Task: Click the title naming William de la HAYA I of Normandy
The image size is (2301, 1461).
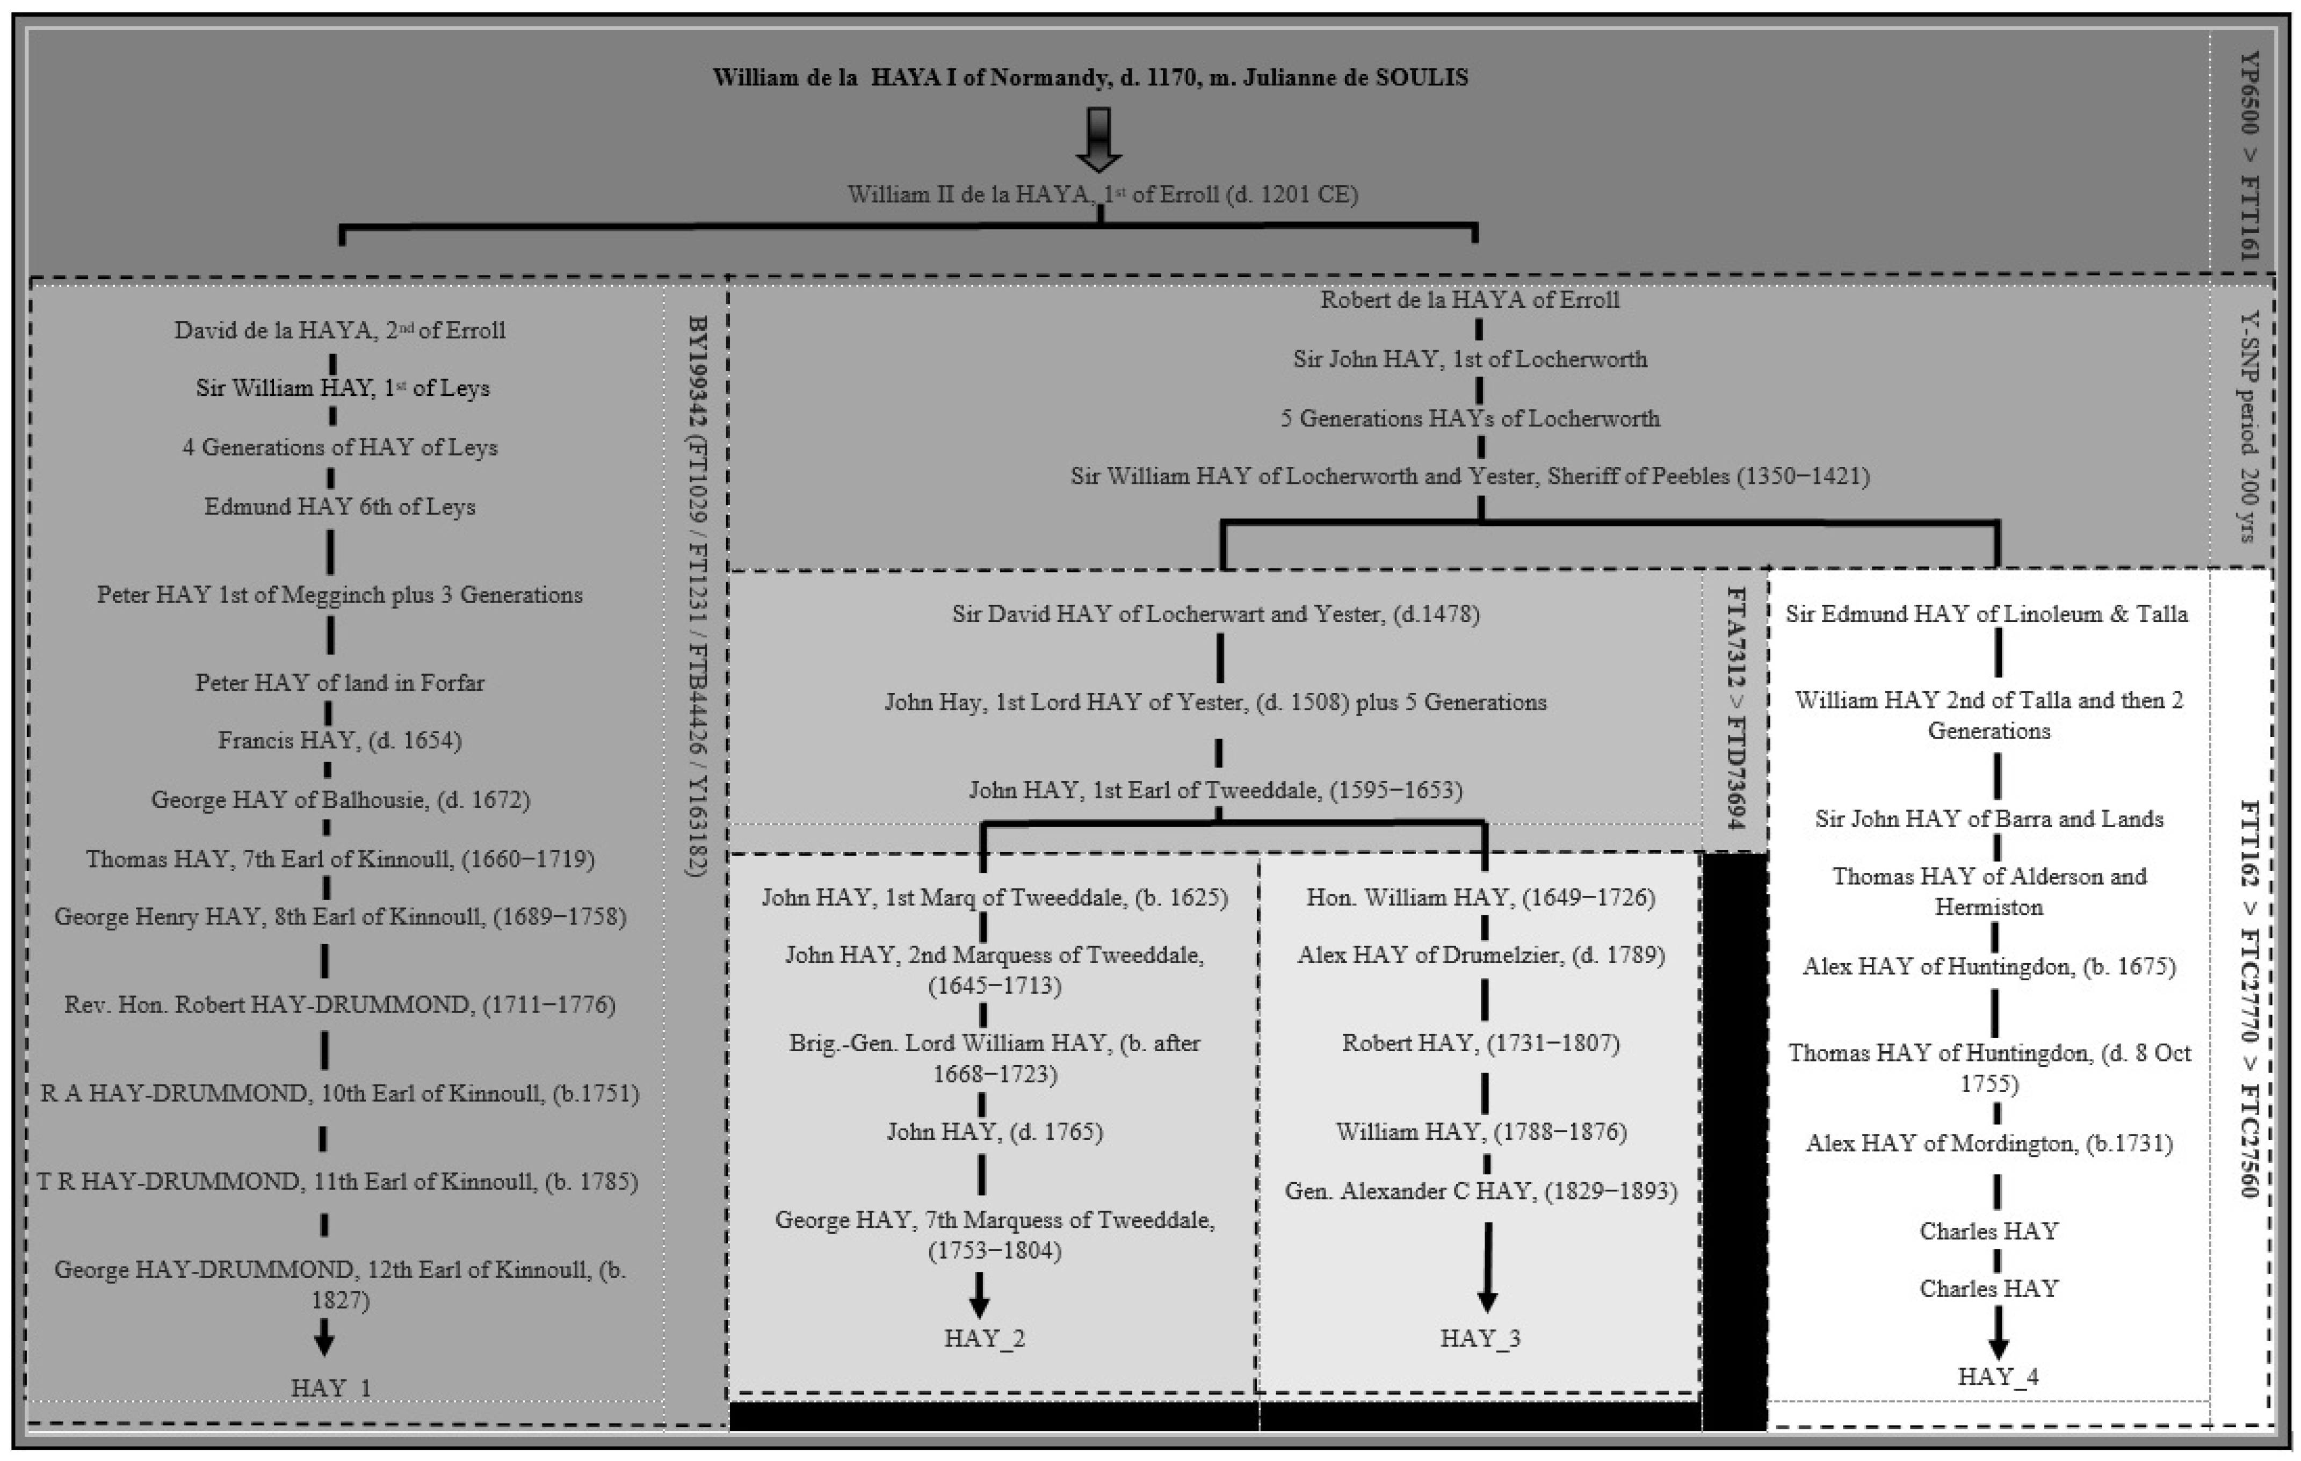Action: (1090, 77)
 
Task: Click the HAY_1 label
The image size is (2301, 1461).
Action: (331, 1387)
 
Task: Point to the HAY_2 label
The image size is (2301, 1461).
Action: (984, 1338)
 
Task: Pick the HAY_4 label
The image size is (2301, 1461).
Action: (1997, 1376)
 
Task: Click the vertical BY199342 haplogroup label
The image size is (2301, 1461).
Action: (697, 595)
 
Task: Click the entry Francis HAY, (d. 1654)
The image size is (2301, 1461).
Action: (339, 741)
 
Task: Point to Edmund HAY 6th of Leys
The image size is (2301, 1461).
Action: (339, 507)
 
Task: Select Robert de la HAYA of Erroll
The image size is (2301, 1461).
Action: (1470, 300)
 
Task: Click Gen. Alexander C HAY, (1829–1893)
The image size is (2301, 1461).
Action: (1480, 1191)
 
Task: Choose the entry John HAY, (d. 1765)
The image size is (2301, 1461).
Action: (994, 1131)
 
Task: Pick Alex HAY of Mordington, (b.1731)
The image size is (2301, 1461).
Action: (1988, 1143)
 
